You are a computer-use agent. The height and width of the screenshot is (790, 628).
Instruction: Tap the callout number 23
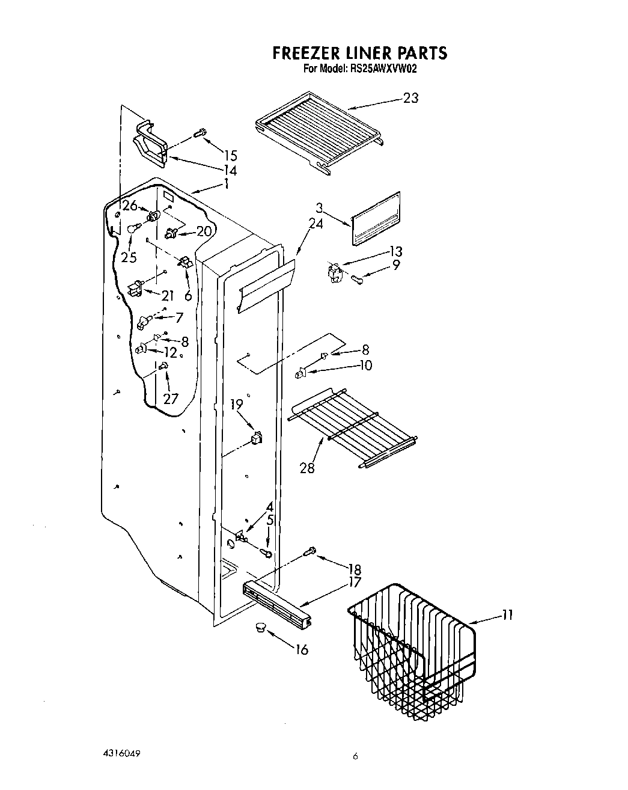point(410,98)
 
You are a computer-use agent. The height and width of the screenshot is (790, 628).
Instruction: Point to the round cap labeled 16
point(260,627)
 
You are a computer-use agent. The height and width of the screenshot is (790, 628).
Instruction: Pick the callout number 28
point(306,467)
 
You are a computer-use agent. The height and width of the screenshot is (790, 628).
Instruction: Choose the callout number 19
point(236,405)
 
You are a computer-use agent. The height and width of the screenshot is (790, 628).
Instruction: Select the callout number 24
point(316,224)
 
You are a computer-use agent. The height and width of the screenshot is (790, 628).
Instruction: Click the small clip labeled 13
point(334,272)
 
